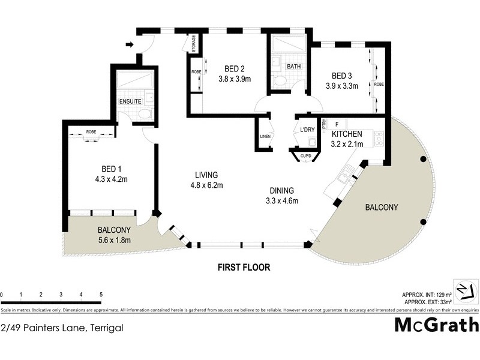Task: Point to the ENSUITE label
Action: tap(130, 102)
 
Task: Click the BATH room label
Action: tap(293, 66)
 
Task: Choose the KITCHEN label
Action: tap(347, 134)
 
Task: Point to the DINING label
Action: tap(281, 191)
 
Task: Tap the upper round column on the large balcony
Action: tap(423, 160)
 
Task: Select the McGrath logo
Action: tap(436, 325)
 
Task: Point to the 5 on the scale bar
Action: tap(101, 295)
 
